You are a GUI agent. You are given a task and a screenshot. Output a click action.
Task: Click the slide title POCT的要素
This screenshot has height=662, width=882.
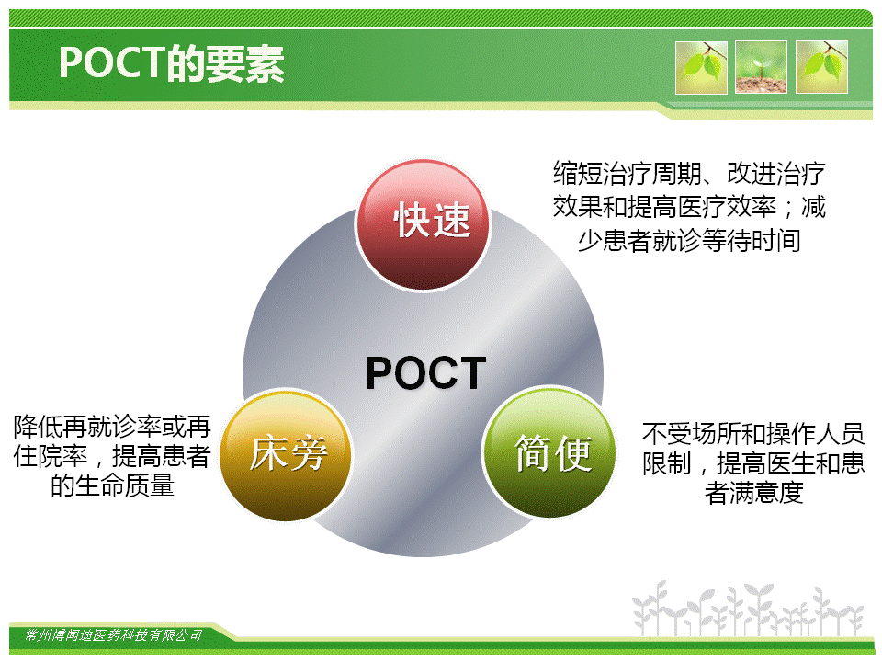[172, 63]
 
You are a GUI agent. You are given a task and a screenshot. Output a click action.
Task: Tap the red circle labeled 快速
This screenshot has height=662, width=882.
[423, 225]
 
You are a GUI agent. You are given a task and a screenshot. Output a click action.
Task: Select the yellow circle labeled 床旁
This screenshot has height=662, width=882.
[286, 455]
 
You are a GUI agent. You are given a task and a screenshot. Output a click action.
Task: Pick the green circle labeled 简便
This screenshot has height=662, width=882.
[549, 452]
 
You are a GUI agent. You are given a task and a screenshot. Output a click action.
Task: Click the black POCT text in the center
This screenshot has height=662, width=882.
[425, 372]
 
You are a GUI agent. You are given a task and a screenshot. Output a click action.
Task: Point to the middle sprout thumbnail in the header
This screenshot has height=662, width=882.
[761, 67]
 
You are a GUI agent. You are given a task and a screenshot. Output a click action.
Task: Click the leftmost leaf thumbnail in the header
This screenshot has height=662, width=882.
[701, 67]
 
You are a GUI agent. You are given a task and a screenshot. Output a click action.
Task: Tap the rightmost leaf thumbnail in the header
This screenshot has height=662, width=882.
[821, 67]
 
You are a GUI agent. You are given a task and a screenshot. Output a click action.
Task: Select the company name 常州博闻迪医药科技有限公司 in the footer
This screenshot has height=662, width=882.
[114, 635]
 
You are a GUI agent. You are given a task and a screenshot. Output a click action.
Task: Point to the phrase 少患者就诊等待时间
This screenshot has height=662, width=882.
[689, 241]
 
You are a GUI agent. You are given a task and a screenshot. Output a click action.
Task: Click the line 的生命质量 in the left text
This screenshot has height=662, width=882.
[112, 485]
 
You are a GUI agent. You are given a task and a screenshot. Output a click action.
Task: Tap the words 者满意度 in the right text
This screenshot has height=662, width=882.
[753, 493]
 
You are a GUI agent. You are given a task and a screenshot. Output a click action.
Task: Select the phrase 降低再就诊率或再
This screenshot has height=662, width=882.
[112, 427]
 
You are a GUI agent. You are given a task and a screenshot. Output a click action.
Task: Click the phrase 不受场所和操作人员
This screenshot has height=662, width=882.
[753, 434]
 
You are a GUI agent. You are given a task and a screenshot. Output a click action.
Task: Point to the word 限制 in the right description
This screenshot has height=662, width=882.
[667, 463]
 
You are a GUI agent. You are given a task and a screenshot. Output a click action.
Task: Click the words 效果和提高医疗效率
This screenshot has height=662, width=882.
[664, 207]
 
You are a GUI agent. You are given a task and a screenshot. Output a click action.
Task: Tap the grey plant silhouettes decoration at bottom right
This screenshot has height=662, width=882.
[747, 610]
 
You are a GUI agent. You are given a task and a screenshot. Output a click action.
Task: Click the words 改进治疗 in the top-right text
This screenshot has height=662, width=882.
[776, 174]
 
